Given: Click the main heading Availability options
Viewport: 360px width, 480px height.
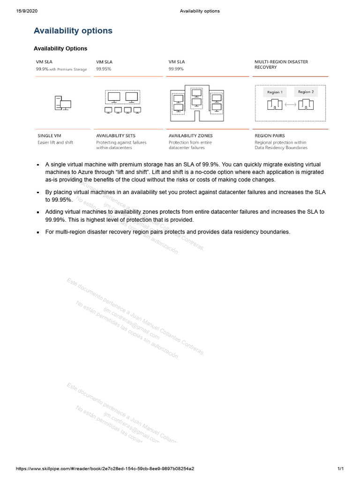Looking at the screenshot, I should pyautogui.click(x=73, y=31).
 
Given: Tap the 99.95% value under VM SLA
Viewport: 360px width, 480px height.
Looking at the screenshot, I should pyautogui.click(x=104, y=68).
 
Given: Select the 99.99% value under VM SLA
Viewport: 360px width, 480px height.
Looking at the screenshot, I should pyautogui.click(x=175, y=68).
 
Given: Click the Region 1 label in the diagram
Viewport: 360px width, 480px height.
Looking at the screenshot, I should pyautogui.click(x=275, y=92).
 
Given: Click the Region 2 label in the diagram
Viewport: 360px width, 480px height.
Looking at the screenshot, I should pyautogui.click(x=306, y=92).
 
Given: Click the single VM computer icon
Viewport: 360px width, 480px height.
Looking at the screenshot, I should pyautogui.click(x=63, y=103).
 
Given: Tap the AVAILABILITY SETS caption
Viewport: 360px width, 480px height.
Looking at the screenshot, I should pyautogui.click(x=116, y=136).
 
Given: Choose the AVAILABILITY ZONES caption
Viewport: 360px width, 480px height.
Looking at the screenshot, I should pyautogui.click(x=190, y=136).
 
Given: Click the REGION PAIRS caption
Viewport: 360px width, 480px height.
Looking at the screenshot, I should pyautogui.click(x=270, y=136).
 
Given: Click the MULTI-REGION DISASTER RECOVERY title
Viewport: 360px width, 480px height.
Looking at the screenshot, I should pyautogui.click(x=281, y=64).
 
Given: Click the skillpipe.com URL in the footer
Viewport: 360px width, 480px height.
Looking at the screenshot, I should pyautogui.click(x=105, y=469).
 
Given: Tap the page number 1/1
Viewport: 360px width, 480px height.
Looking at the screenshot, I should pyautogui.click(x=340, y=469).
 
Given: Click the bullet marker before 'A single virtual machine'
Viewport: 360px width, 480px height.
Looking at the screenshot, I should pyautogui.click(x=38, y=165).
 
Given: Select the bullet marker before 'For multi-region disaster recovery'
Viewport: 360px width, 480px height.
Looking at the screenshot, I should pyautogui.click(x=38, y=232).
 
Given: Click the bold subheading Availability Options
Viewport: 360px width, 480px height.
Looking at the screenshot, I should pyautogui.click(x=60, y=48).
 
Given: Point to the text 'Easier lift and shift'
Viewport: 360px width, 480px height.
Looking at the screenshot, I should pyautogui.click(x=55, y=142).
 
